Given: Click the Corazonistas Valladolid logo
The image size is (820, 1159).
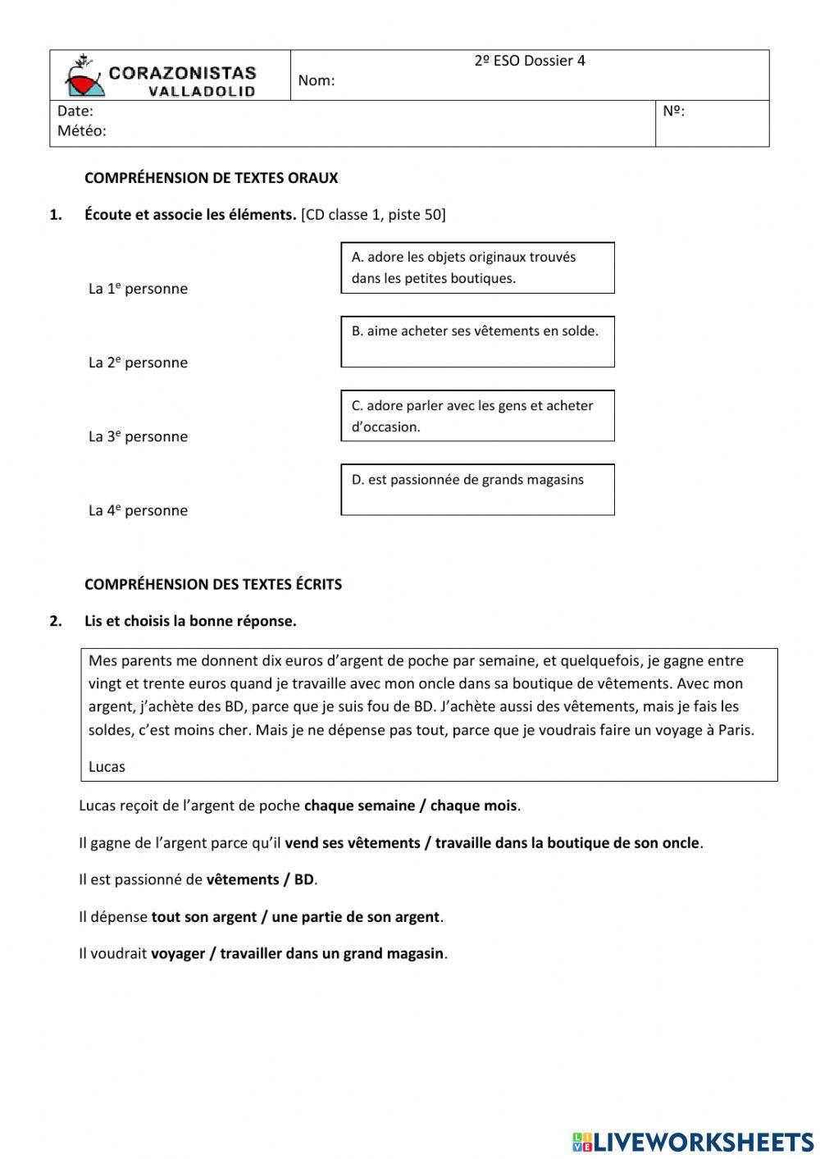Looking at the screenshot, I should (x=162, y=76).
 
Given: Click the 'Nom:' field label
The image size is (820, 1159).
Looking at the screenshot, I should (x=316, y=80).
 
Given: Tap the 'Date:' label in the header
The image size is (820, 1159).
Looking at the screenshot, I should (x=75, y=112).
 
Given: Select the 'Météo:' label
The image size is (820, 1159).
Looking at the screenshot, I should (x=81, y=131).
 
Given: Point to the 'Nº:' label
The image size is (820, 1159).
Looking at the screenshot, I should (x=673, y=112).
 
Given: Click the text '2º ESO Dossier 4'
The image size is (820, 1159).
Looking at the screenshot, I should (x=530, y=61).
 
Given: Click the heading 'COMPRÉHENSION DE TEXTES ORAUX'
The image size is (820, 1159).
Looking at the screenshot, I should (x=211, y=178).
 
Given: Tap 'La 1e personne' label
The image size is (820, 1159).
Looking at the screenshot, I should (x=138, y=289).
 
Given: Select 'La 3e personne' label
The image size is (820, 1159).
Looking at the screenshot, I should (x=138, y=436).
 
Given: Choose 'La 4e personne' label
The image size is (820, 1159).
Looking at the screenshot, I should (x=138, y=510).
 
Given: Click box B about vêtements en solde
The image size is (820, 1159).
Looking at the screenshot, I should (x=477, y=341).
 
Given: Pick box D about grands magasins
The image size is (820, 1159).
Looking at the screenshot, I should (x=477, y=489).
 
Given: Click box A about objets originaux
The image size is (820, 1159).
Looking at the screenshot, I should (x=477, y=267).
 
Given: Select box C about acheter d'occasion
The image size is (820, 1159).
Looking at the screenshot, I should (x=477, y=415).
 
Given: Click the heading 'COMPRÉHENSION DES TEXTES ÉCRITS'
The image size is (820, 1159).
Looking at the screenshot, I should (x=213, y=585).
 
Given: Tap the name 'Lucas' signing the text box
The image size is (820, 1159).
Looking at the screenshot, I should (x=107, y=767).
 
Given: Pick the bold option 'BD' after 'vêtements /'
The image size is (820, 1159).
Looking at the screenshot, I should (x=303, y=879).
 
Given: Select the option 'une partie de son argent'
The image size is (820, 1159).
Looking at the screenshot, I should (x=355, y=917).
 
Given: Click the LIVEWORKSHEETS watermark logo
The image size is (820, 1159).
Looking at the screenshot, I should (x=693, y=1141).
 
